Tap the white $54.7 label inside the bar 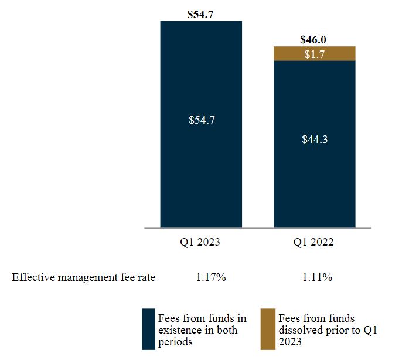tap(201, 120)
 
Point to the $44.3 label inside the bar tap(315, 140)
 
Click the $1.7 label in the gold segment tap(315, 54)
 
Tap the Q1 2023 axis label tap(201, 242)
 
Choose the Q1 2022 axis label tap(315, 242)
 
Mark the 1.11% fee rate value tap(317, 277)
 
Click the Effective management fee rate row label tap(84, 277)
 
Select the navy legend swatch tap(149, 330)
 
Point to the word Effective tap(32, 277)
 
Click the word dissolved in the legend tap(300, 330)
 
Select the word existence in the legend tap(179, 330)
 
